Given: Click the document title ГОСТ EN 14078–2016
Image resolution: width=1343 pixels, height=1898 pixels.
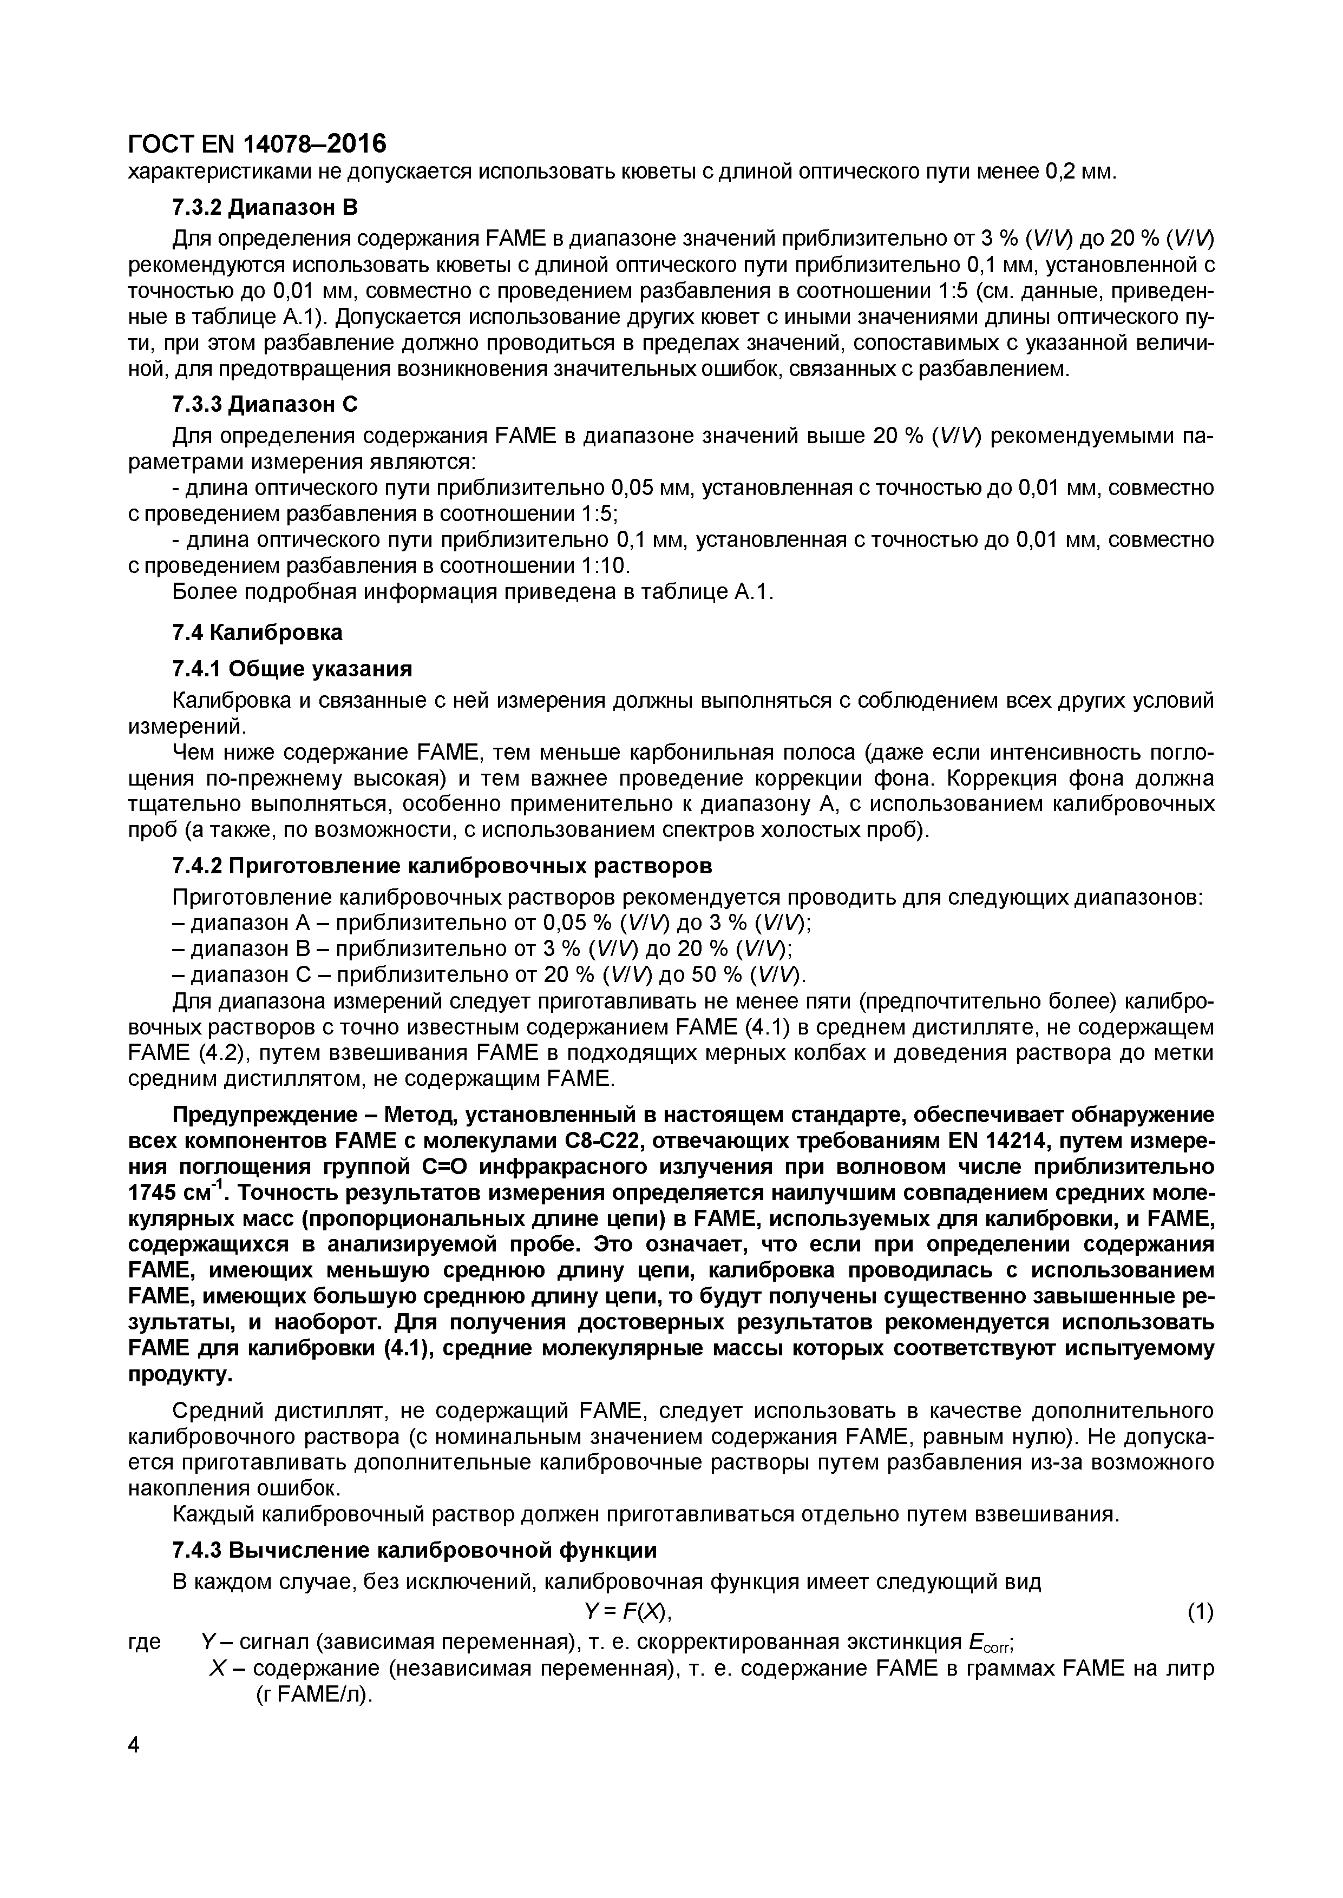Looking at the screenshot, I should pos(257,144).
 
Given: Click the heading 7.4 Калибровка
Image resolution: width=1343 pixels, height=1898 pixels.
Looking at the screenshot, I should pos(257,632).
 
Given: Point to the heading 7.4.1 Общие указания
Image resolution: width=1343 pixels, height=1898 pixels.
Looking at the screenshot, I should pos(292,668).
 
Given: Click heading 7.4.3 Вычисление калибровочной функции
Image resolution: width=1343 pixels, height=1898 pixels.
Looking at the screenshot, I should pos(414,1549).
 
